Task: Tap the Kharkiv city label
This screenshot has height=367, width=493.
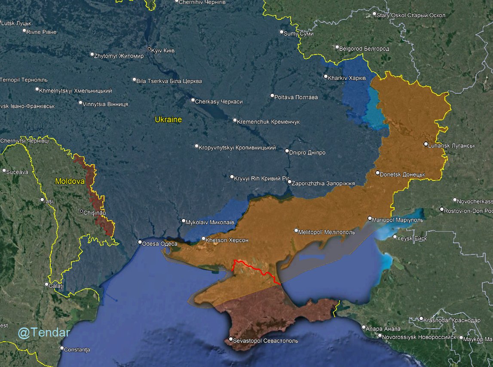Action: coord(346,78)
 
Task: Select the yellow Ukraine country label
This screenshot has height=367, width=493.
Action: coord(168,119)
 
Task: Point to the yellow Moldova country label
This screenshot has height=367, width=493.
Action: coord(70,182)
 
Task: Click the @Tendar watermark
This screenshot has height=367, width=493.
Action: coord(44,333)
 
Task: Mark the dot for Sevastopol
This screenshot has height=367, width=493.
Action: coord(231,339)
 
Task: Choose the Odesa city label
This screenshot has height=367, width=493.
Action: coord(159,244)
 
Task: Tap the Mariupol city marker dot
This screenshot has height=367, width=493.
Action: coord(370,218)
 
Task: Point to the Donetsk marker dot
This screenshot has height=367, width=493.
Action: coord(377,173)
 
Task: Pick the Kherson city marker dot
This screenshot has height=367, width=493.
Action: coord(203,239)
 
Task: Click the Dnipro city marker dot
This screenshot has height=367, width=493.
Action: coord(287,151)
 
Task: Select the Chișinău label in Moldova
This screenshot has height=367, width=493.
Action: coord(95,212)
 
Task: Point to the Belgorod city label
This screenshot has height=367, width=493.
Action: coord(364,49)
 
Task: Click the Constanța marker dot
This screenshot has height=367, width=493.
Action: coord(62,348)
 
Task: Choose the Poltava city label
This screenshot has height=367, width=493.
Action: coord(297,97)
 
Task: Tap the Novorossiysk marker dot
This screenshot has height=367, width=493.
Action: coord(380,336)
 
